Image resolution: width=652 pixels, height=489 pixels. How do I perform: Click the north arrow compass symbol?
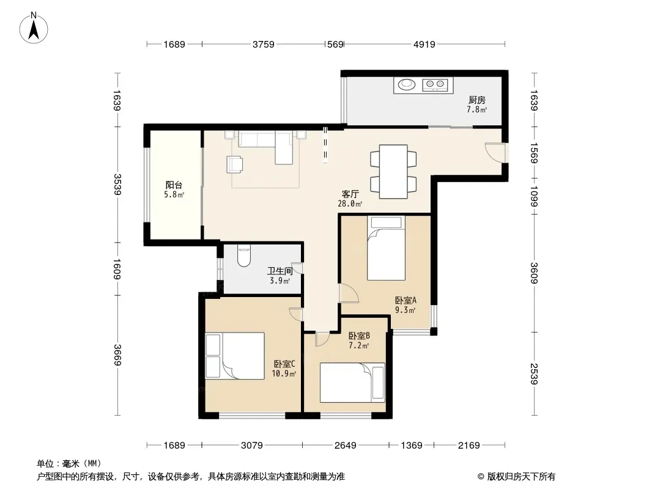click(34, 28)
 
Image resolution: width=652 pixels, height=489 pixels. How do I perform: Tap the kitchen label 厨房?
click(476, 100)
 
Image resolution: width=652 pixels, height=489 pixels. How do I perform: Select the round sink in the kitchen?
click(406, 85)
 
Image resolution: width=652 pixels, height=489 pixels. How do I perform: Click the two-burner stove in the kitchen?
click(435, 85)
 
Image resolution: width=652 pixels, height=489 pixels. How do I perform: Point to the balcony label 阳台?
click(174, 185)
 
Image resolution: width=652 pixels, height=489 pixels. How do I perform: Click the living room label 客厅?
click(350, 194)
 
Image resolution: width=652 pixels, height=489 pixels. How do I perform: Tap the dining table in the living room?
click(393, 172)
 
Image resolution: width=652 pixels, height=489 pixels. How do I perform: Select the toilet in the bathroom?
click(243, 256)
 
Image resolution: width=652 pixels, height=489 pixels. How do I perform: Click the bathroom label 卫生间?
click(280, 271)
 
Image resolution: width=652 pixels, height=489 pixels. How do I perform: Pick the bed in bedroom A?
click(386, 248)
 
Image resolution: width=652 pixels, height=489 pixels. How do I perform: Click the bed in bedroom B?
click(352, 383)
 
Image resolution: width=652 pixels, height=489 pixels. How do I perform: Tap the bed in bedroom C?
click(235, 356)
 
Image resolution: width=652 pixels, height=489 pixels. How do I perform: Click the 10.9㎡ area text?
click(284, 374)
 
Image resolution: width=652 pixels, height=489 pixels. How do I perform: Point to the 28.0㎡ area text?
click(350, 204)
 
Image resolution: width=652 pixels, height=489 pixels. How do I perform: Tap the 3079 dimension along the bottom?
click(252, 446)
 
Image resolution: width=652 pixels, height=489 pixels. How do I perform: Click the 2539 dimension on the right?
click(535, 374)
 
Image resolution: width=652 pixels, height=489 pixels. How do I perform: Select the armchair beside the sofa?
click(235, 164)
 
